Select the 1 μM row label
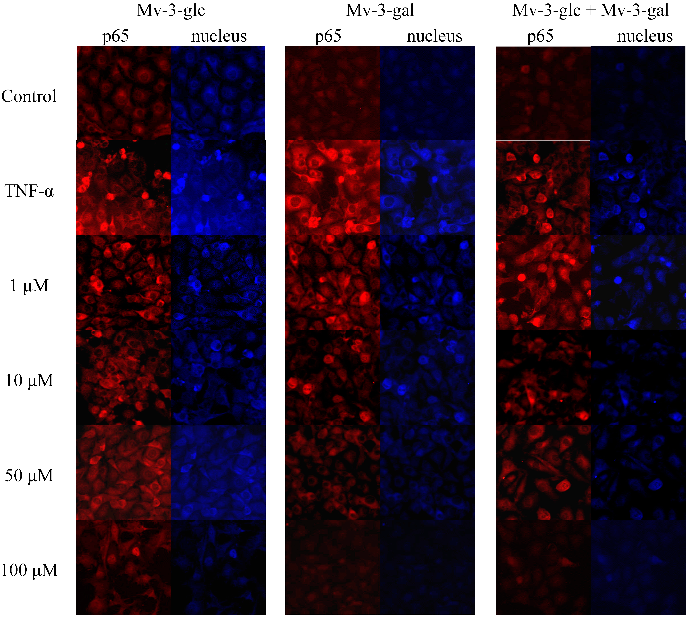29,286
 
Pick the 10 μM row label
29,380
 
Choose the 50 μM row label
29,475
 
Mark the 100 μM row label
29,570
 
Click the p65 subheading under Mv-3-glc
116,36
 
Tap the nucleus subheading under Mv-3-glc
219,36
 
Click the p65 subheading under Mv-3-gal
328,36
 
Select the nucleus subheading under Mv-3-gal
434,36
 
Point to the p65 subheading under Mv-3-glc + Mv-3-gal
540,36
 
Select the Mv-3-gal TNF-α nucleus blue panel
427,188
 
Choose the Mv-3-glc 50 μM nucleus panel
218,472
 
